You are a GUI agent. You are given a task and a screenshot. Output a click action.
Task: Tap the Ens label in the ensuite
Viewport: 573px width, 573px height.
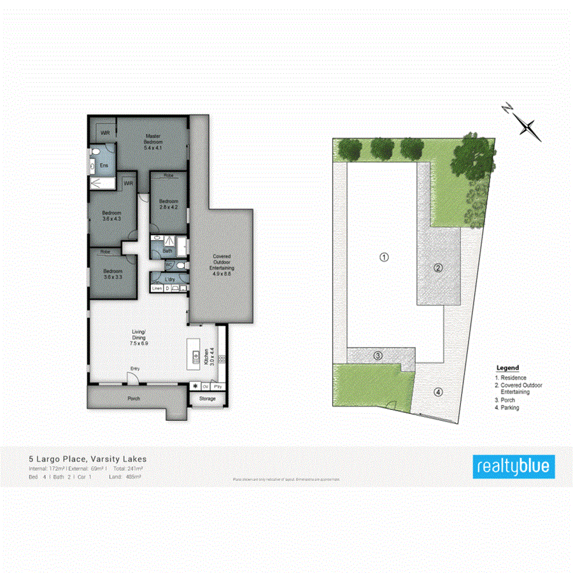coord(103,166)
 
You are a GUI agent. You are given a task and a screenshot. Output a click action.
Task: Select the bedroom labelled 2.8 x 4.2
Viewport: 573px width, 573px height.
coord(168,204)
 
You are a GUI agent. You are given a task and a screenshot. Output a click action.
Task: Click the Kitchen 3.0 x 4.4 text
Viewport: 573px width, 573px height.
coord(207,356)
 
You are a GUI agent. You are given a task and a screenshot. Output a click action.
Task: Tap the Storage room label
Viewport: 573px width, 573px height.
coord(208,399)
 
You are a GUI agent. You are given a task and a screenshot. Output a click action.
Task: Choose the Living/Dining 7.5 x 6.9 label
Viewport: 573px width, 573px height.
coord(139,337)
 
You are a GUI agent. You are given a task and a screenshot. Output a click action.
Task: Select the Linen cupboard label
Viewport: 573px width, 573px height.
coord(157,289)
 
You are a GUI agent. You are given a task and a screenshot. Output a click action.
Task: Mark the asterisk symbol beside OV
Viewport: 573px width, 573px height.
coord(195,386)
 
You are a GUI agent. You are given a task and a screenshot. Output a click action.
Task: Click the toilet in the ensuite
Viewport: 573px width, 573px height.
coord(94,152)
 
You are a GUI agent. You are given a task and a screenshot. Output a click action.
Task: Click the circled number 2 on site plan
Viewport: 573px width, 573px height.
coord(438,267)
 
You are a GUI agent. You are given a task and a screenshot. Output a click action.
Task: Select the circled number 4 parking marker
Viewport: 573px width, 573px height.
coord(438,392)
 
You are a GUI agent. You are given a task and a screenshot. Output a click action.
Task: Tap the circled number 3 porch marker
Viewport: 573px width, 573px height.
coord(378,356)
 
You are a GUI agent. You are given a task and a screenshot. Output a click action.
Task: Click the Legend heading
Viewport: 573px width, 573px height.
coord(507,368)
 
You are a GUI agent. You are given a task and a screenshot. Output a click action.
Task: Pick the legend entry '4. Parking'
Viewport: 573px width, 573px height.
coord(507,407)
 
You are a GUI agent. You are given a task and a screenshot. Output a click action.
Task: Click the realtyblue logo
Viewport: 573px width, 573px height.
coord(513,467)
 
